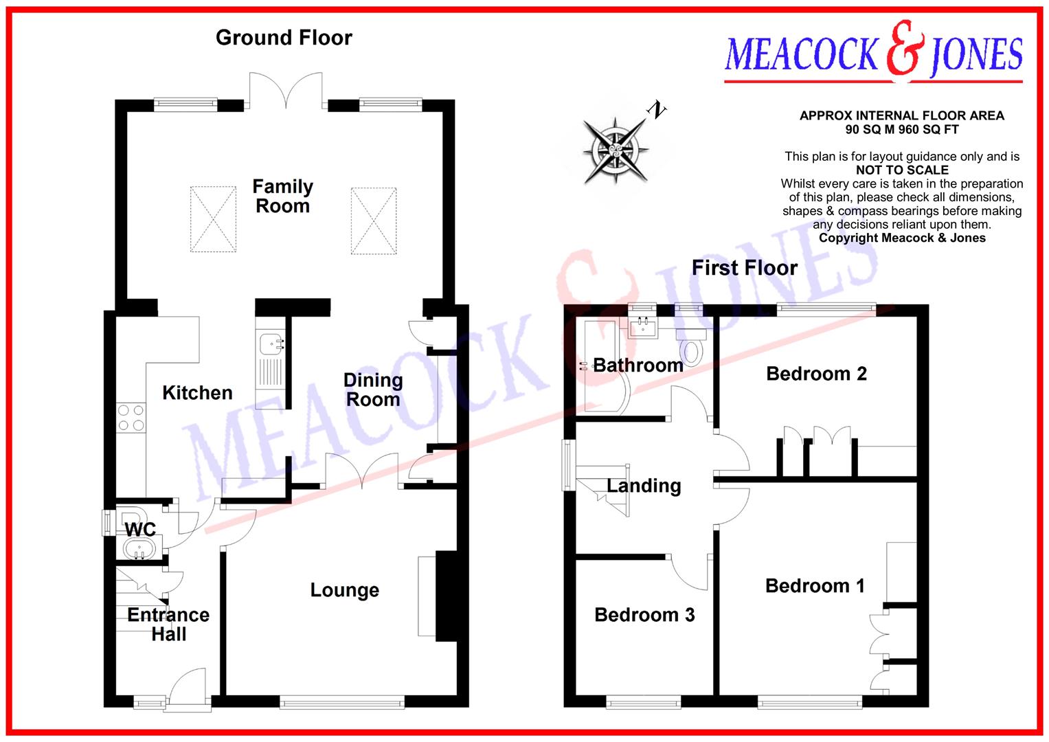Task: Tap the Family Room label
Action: point(282,196)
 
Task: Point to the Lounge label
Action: point(344,590)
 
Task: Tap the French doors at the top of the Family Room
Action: point(286,91)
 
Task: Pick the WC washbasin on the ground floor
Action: point(140,550)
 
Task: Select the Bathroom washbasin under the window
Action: point(644,327)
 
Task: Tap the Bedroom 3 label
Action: point(644,615)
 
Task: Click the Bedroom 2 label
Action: point(816,374)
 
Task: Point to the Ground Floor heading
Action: point(284,38)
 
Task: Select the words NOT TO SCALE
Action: point(902,170)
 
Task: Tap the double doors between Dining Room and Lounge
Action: point(362,471)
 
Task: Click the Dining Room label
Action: point(372,390)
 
